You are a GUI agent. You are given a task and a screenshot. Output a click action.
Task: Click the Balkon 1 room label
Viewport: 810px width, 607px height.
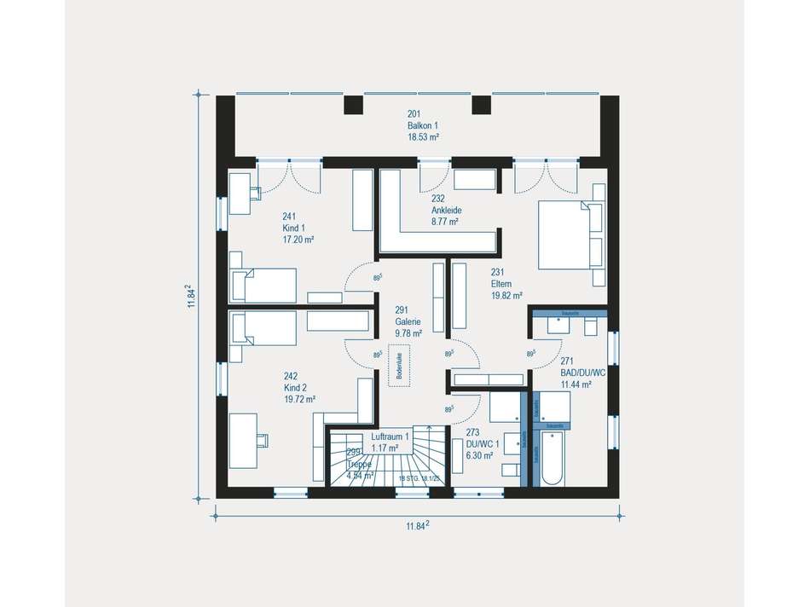422,125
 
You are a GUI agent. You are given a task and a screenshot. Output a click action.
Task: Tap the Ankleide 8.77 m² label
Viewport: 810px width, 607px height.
444,210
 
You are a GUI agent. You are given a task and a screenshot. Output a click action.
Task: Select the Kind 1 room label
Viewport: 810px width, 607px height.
298,228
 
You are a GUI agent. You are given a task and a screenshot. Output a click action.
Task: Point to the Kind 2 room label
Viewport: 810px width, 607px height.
299,388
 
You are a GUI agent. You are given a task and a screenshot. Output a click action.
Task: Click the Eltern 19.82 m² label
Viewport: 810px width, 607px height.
505,285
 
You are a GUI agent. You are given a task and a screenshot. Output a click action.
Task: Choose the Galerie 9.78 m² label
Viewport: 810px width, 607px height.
407,321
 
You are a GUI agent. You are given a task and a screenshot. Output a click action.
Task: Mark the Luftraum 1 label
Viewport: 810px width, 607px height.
391,442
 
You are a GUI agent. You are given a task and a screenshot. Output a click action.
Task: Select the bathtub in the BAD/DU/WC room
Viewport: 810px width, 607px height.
551,457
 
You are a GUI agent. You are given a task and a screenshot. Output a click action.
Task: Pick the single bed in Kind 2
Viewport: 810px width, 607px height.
263,327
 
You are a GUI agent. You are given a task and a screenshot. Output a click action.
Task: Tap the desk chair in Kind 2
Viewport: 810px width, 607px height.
263,439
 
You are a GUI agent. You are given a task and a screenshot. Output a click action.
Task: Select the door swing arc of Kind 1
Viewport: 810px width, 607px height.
357,277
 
